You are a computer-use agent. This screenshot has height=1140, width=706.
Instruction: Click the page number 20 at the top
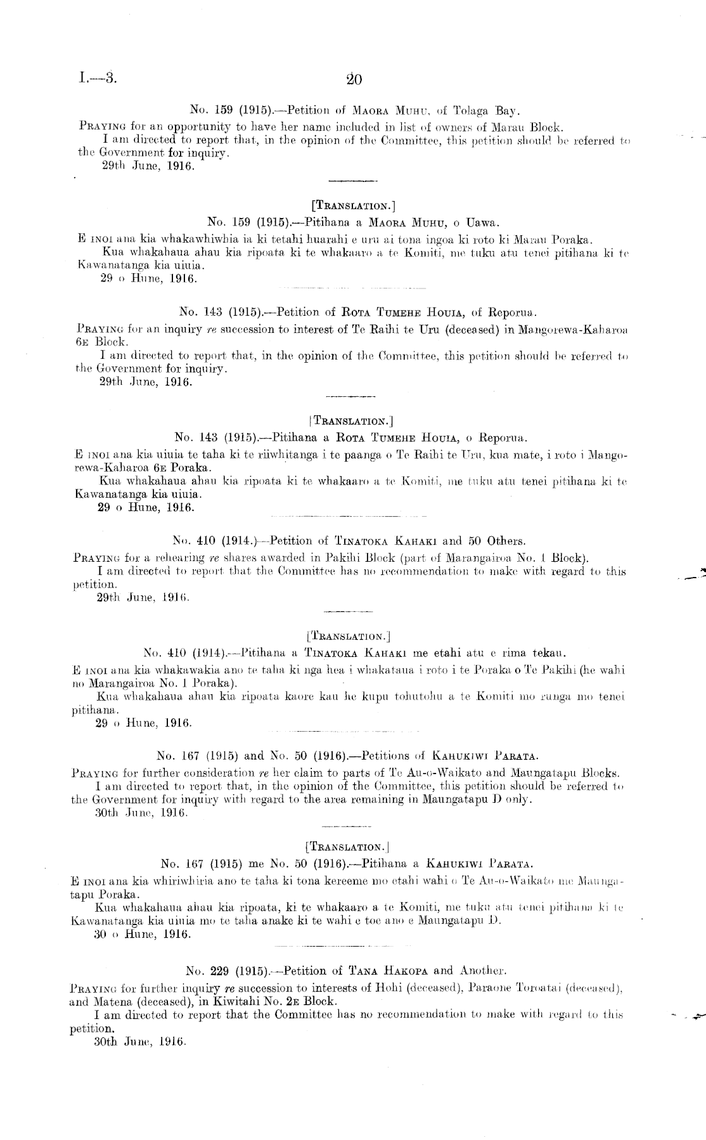354,80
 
